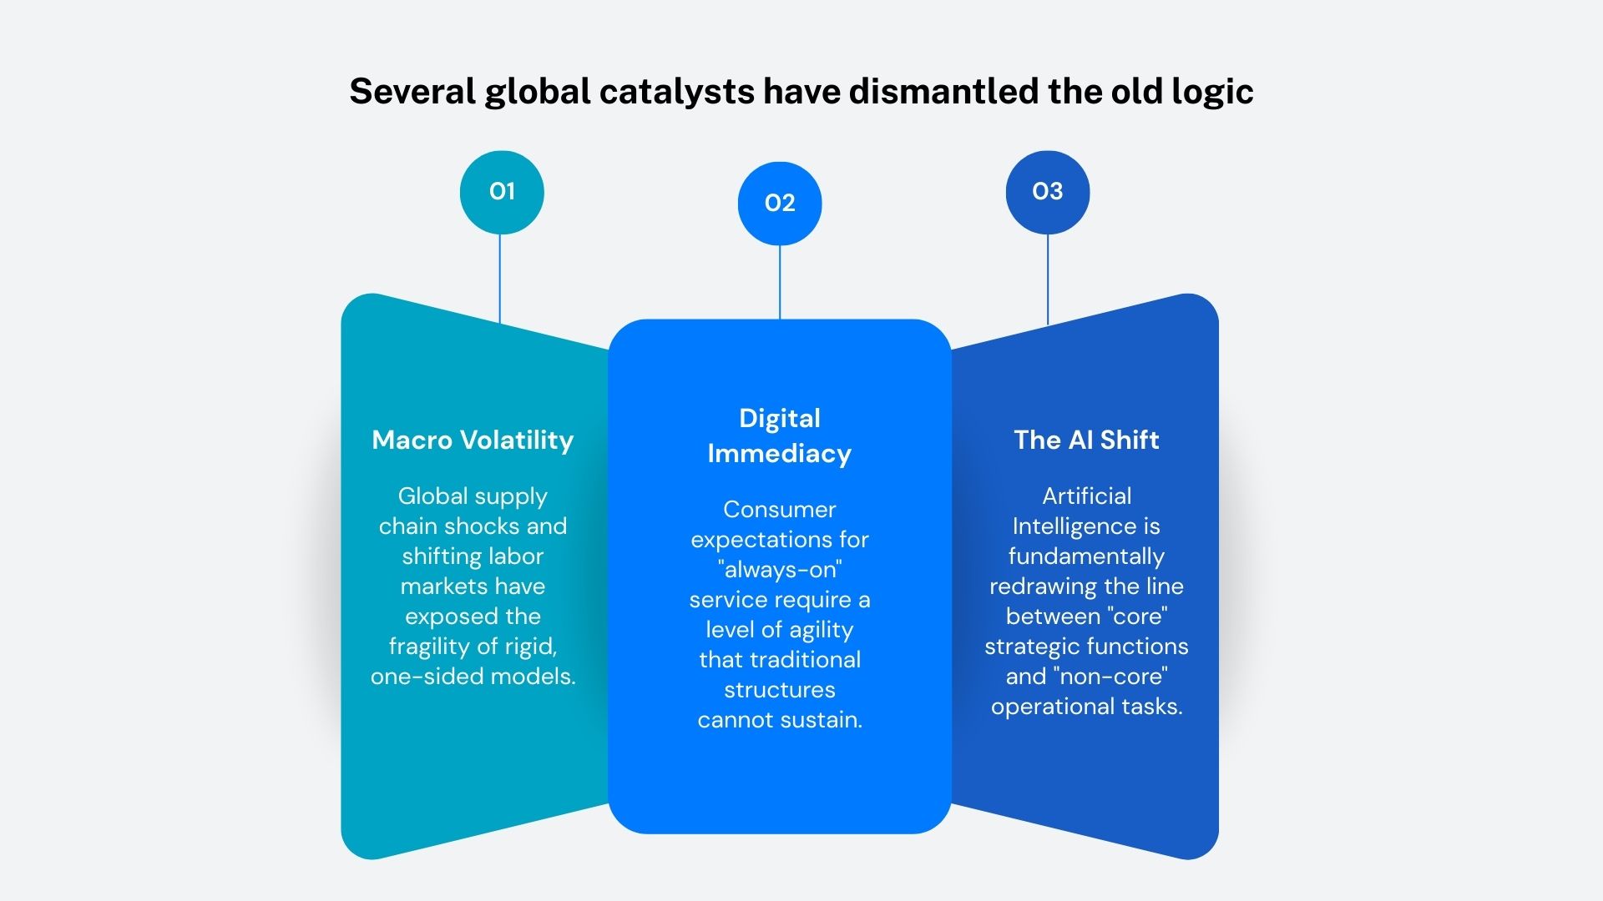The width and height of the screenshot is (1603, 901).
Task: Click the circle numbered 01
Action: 502,192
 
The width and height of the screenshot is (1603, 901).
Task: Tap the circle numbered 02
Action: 780,204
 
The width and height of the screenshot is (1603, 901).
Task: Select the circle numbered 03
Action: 1048,192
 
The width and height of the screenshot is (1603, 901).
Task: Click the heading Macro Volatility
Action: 473,440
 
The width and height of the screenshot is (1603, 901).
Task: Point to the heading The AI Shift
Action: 1086,440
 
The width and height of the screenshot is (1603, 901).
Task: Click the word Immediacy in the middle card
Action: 780,454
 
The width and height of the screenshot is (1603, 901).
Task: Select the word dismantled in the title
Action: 943,90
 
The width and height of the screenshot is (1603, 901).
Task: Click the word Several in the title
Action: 412,90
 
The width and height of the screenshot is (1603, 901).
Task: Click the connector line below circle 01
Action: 500,279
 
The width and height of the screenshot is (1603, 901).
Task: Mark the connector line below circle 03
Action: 1048,279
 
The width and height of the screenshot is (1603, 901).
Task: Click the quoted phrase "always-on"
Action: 780,570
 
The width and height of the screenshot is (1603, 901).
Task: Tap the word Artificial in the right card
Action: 1086,496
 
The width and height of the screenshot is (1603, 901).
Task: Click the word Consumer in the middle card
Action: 780,510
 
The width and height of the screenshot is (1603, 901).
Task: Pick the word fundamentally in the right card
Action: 1086,556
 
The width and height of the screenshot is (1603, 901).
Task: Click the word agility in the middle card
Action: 822,631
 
